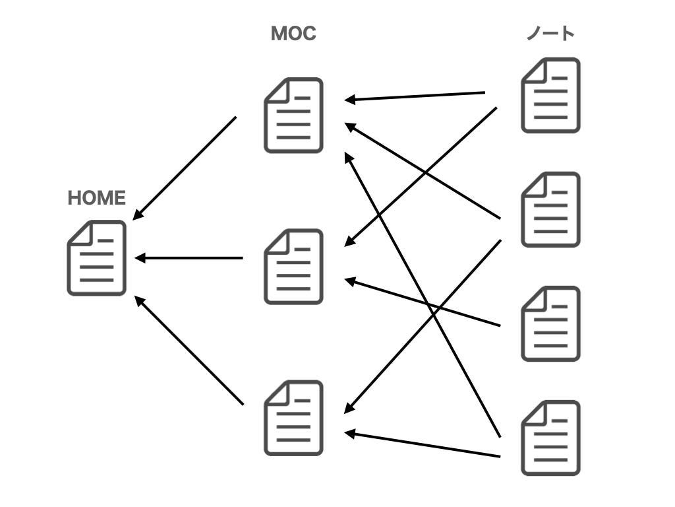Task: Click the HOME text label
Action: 96,198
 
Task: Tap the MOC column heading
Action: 293,34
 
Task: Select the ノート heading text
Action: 550,34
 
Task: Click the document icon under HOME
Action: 96,258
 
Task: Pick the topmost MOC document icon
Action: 293,116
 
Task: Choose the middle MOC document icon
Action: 293,267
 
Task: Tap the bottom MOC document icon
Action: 293,418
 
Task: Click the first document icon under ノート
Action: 550,96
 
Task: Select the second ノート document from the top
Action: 550,210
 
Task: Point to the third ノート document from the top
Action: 550,323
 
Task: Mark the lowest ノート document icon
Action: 550,438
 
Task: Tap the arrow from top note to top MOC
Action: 415,96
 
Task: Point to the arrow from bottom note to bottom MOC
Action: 422,444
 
